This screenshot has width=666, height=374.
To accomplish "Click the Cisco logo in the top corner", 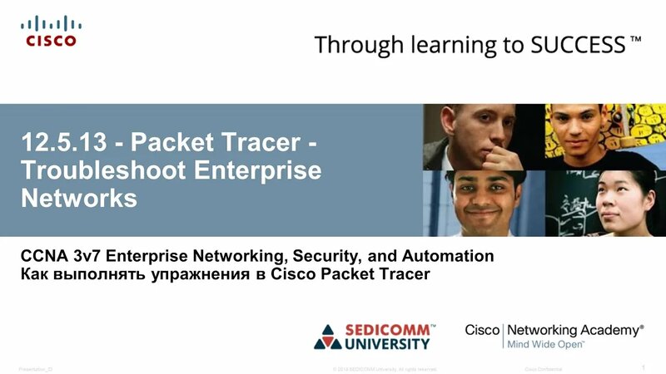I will (50, 30).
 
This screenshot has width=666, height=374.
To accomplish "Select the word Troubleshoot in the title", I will (99, 171).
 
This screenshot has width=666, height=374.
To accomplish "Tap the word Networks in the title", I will (79, 199).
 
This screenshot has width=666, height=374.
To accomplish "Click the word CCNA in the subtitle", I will (41, 256).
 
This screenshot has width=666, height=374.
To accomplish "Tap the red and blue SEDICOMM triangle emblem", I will (328, 336).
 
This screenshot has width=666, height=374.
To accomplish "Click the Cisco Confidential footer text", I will (544, 367).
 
